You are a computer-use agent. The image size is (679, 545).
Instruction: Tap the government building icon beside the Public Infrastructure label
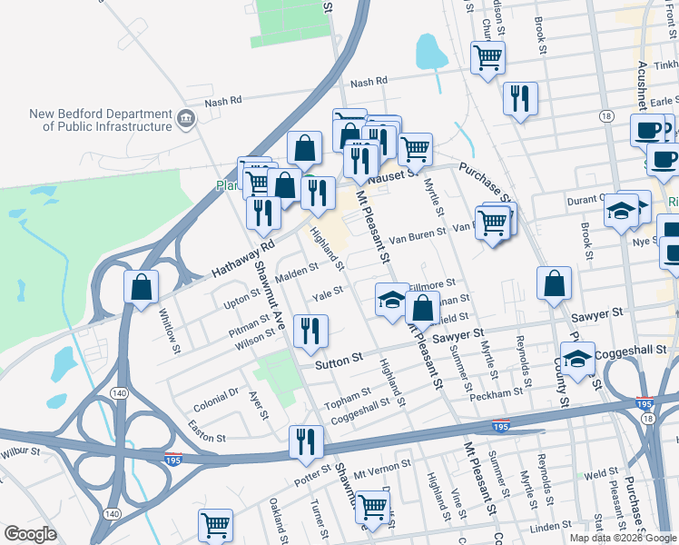coord(186,116)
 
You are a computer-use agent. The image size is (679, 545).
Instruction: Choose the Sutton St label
coord(339,364)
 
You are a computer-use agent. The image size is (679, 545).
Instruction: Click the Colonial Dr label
coord(214,394)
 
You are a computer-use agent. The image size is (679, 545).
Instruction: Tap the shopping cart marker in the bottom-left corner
coord(214,525)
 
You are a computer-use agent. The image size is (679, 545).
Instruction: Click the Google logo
coord(30,534)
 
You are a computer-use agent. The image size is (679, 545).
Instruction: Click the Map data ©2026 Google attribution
coord(623,538)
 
